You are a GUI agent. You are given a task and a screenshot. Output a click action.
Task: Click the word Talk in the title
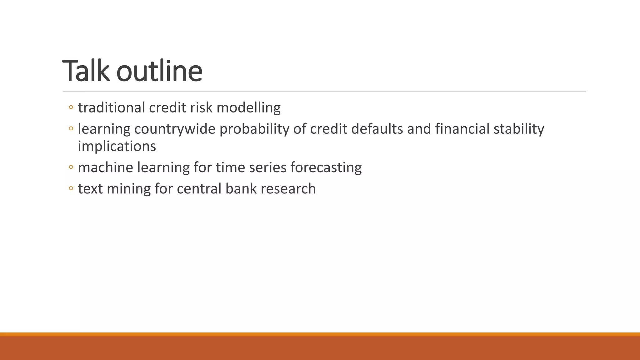(x=86, y=71)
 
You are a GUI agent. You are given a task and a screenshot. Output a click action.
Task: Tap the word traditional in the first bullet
(x=111, y=108)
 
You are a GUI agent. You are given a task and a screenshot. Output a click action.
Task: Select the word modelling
(x=248, y=108)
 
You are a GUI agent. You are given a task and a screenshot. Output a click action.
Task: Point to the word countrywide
(x=175, y=129)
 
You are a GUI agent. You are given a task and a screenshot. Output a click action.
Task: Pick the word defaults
(x=377, y=129)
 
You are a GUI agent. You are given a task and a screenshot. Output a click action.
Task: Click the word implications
(x=117, y=146)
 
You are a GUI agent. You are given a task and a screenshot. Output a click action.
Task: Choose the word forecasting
(x=326, y=167)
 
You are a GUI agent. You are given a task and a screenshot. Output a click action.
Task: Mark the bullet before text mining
(x=71, y=188)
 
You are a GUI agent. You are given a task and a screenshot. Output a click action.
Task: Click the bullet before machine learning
(x=71, y=167)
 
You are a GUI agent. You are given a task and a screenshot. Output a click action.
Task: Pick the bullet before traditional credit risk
(x=71, y=107)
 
